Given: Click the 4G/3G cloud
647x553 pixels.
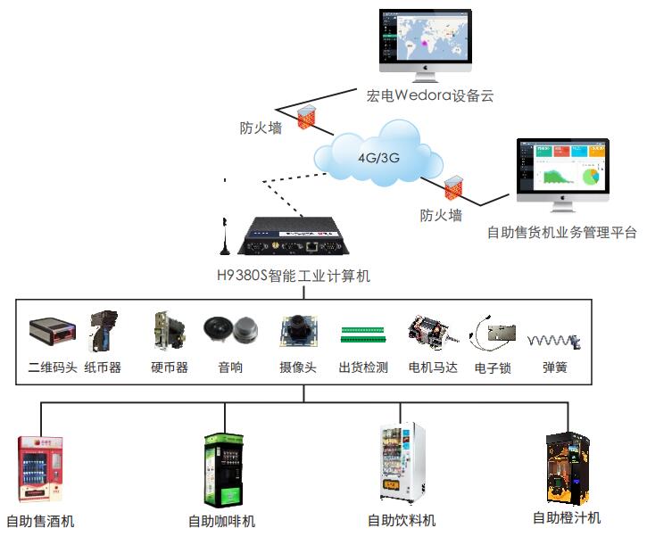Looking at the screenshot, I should [x=378, y=158].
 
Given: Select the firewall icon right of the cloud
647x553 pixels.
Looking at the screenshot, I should [x=453, y=186].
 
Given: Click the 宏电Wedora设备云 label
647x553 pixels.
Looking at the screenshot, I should [x=430, y=95].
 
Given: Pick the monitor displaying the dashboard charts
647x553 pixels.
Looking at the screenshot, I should [x=563, y=169].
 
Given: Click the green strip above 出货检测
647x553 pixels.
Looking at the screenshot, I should [x=363, y=335].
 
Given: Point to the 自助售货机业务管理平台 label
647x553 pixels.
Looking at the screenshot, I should [x=562, y=233].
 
